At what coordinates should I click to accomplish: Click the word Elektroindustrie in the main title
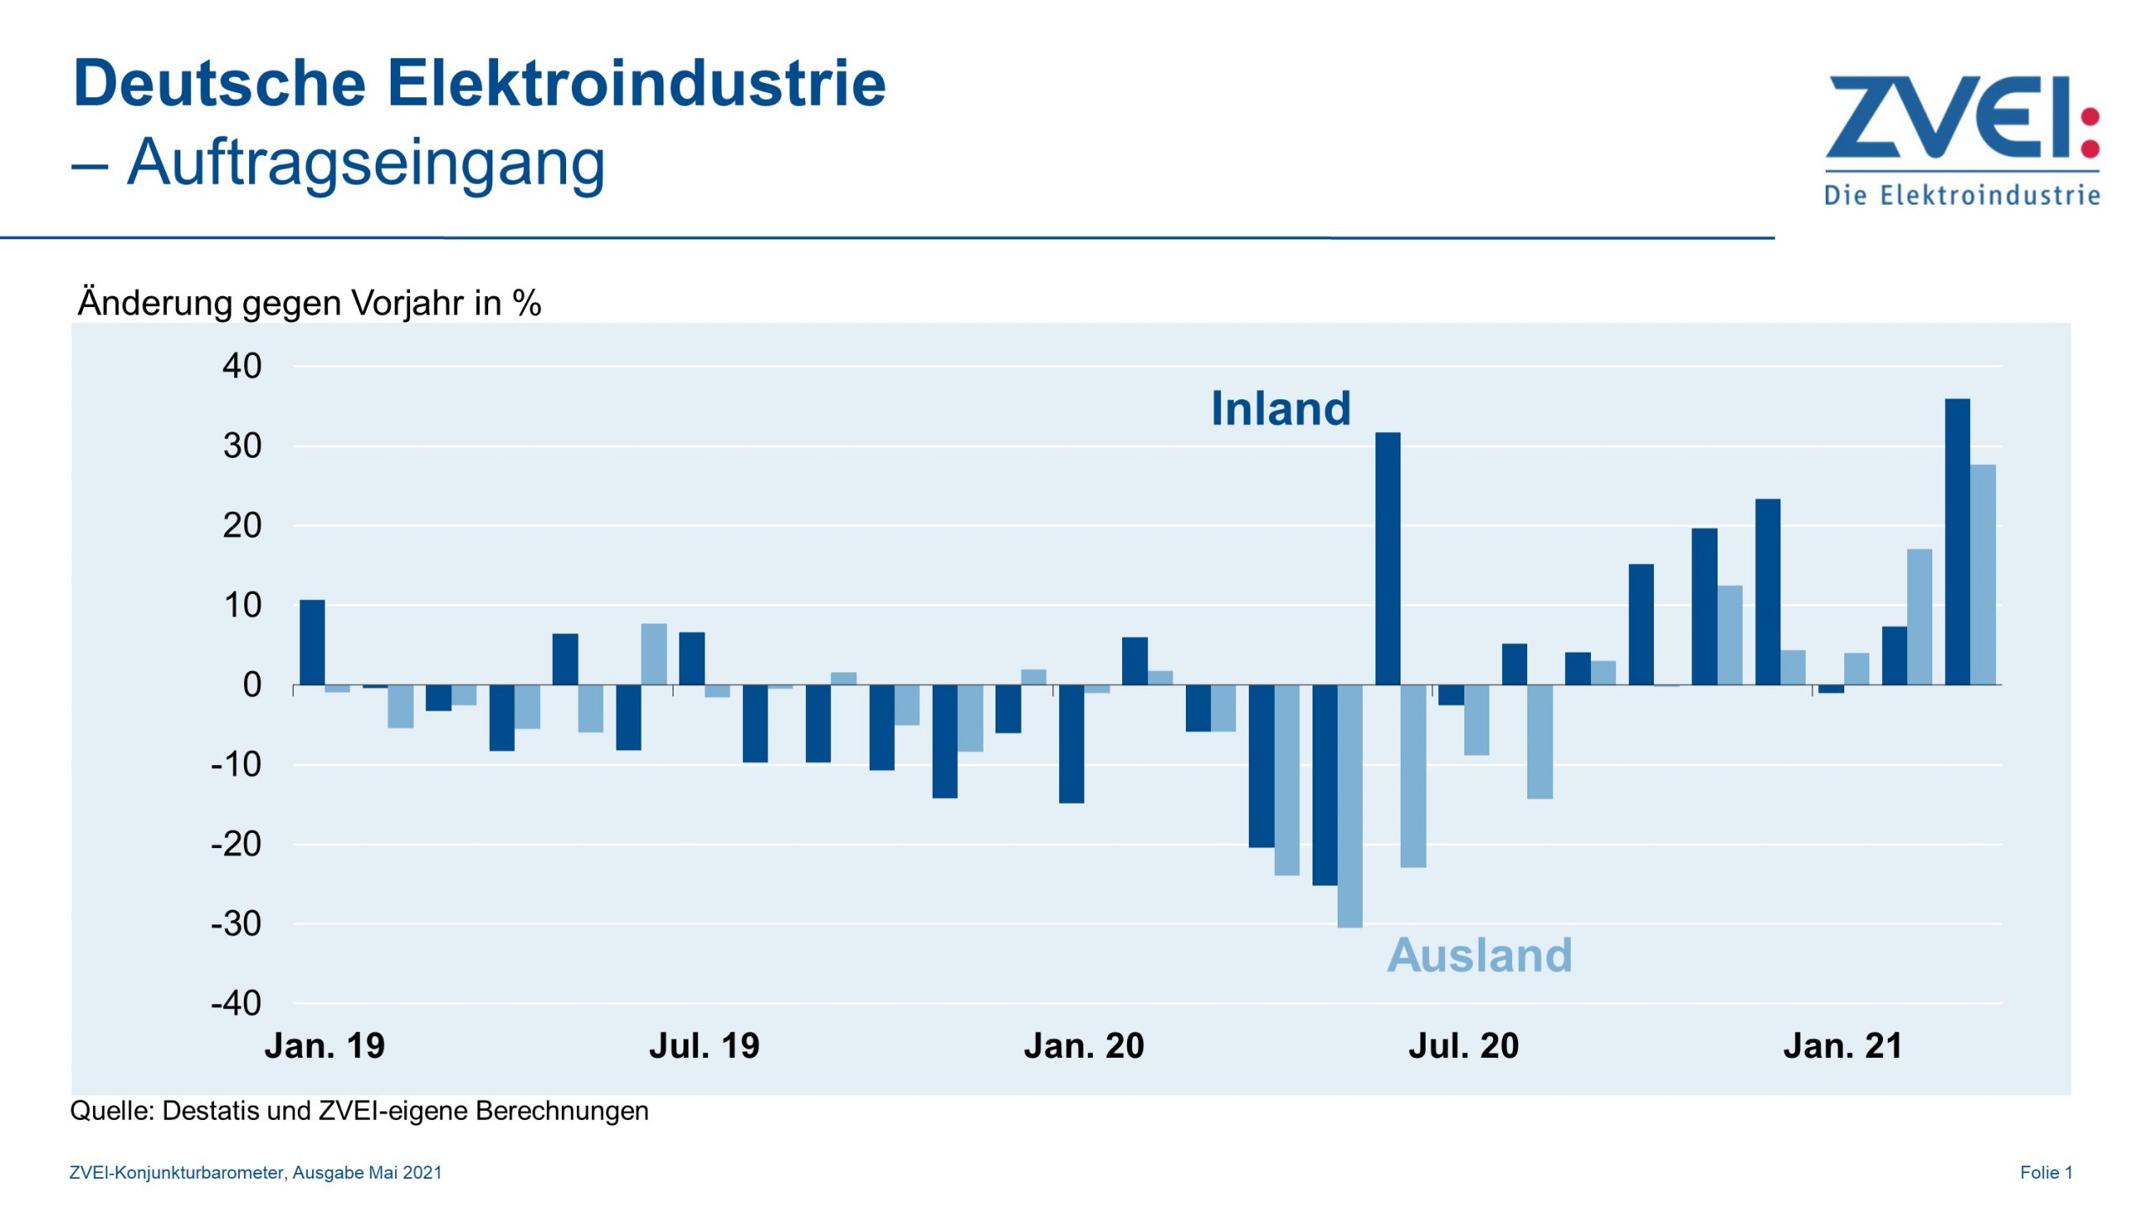coord(636,83)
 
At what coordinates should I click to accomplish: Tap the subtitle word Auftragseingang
coord(366,162)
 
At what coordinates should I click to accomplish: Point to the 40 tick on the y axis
coord(242,367)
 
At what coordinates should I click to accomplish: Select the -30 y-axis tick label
coord(237,924)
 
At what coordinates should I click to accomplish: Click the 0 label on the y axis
coord(252,685)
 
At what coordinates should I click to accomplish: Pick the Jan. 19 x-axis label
coord(325,1046)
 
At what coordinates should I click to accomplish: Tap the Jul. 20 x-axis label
coord(1463,1046)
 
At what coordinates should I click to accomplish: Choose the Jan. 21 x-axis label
coord(1843,1046)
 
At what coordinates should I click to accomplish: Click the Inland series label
coord(1281,409)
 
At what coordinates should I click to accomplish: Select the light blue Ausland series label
coord(1479,955)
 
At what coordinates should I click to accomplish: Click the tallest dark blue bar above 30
coord(1957,541)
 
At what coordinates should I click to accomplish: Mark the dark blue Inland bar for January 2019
coord(313,643)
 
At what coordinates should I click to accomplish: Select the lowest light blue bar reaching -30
coord(1350,805)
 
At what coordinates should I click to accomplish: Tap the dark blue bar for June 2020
coord(1388,559)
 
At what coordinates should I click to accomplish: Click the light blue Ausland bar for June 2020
coord(1413,776)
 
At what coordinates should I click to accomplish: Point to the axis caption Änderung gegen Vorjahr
coord(309,303)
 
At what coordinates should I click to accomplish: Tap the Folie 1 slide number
coord(2046,1173)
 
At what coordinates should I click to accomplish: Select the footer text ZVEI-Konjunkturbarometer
coord(178,1173)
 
